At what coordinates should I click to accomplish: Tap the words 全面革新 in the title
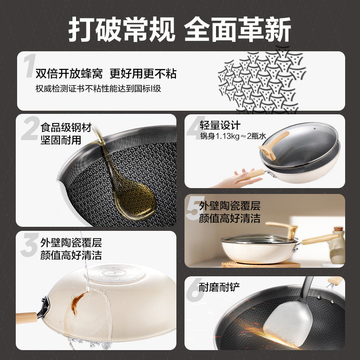pyautogui.click(x=238, y=29)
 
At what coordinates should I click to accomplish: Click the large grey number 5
pyautogui.click(x=193, y=211)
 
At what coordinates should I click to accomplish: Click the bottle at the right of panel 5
pyautogui.click(x=337, y=245)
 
